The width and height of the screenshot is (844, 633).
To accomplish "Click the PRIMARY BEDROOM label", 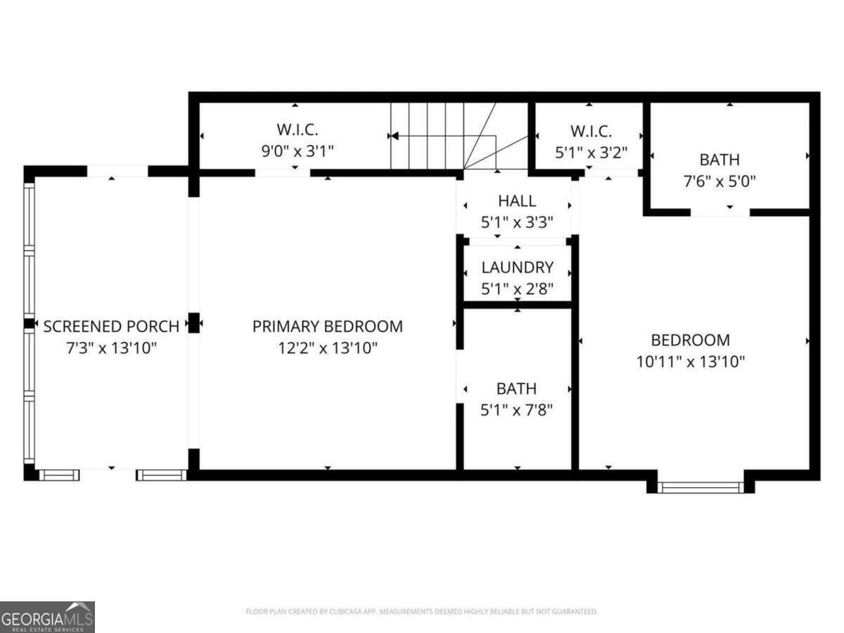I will coord(327,326).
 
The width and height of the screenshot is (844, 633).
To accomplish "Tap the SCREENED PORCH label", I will coord(111,326).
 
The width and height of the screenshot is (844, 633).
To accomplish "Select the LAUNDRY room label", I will coord(517,267).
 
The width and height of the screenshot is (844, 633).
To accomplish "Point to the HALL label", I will coord(517,201).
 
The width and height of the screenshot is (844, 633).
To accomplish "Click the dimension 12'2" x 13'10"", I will coord(327,347).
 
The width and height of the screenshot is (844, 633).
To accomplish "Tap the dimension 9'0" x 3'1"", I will coord(297,151).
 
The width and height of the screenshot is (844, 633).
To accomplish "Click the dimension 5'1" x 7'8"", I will coord(517,410).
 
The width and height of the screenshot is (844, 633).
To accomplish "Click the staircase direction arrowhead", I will coord(394,136).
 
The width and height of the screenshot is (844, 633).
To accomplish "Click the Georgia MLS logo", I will coord(47,617).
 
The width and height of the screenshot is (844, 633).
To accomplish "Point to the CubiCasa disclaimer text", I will coord(422,612).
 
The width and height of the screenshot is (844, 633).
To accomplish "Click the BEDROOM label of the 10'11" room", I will coord(690,340).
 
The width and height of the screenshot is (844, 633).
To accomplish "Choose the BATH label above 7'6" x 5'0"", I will coord(719,160).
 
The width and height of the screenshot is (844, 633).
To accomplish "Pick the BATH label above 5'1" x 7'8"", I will coord(517,389).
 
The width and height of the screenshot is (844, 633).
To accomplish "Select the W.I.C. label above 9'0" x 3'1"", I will coord(297,130).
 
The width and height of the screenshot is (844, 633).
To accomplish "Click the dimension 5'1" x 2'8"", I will coord(517,288).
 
